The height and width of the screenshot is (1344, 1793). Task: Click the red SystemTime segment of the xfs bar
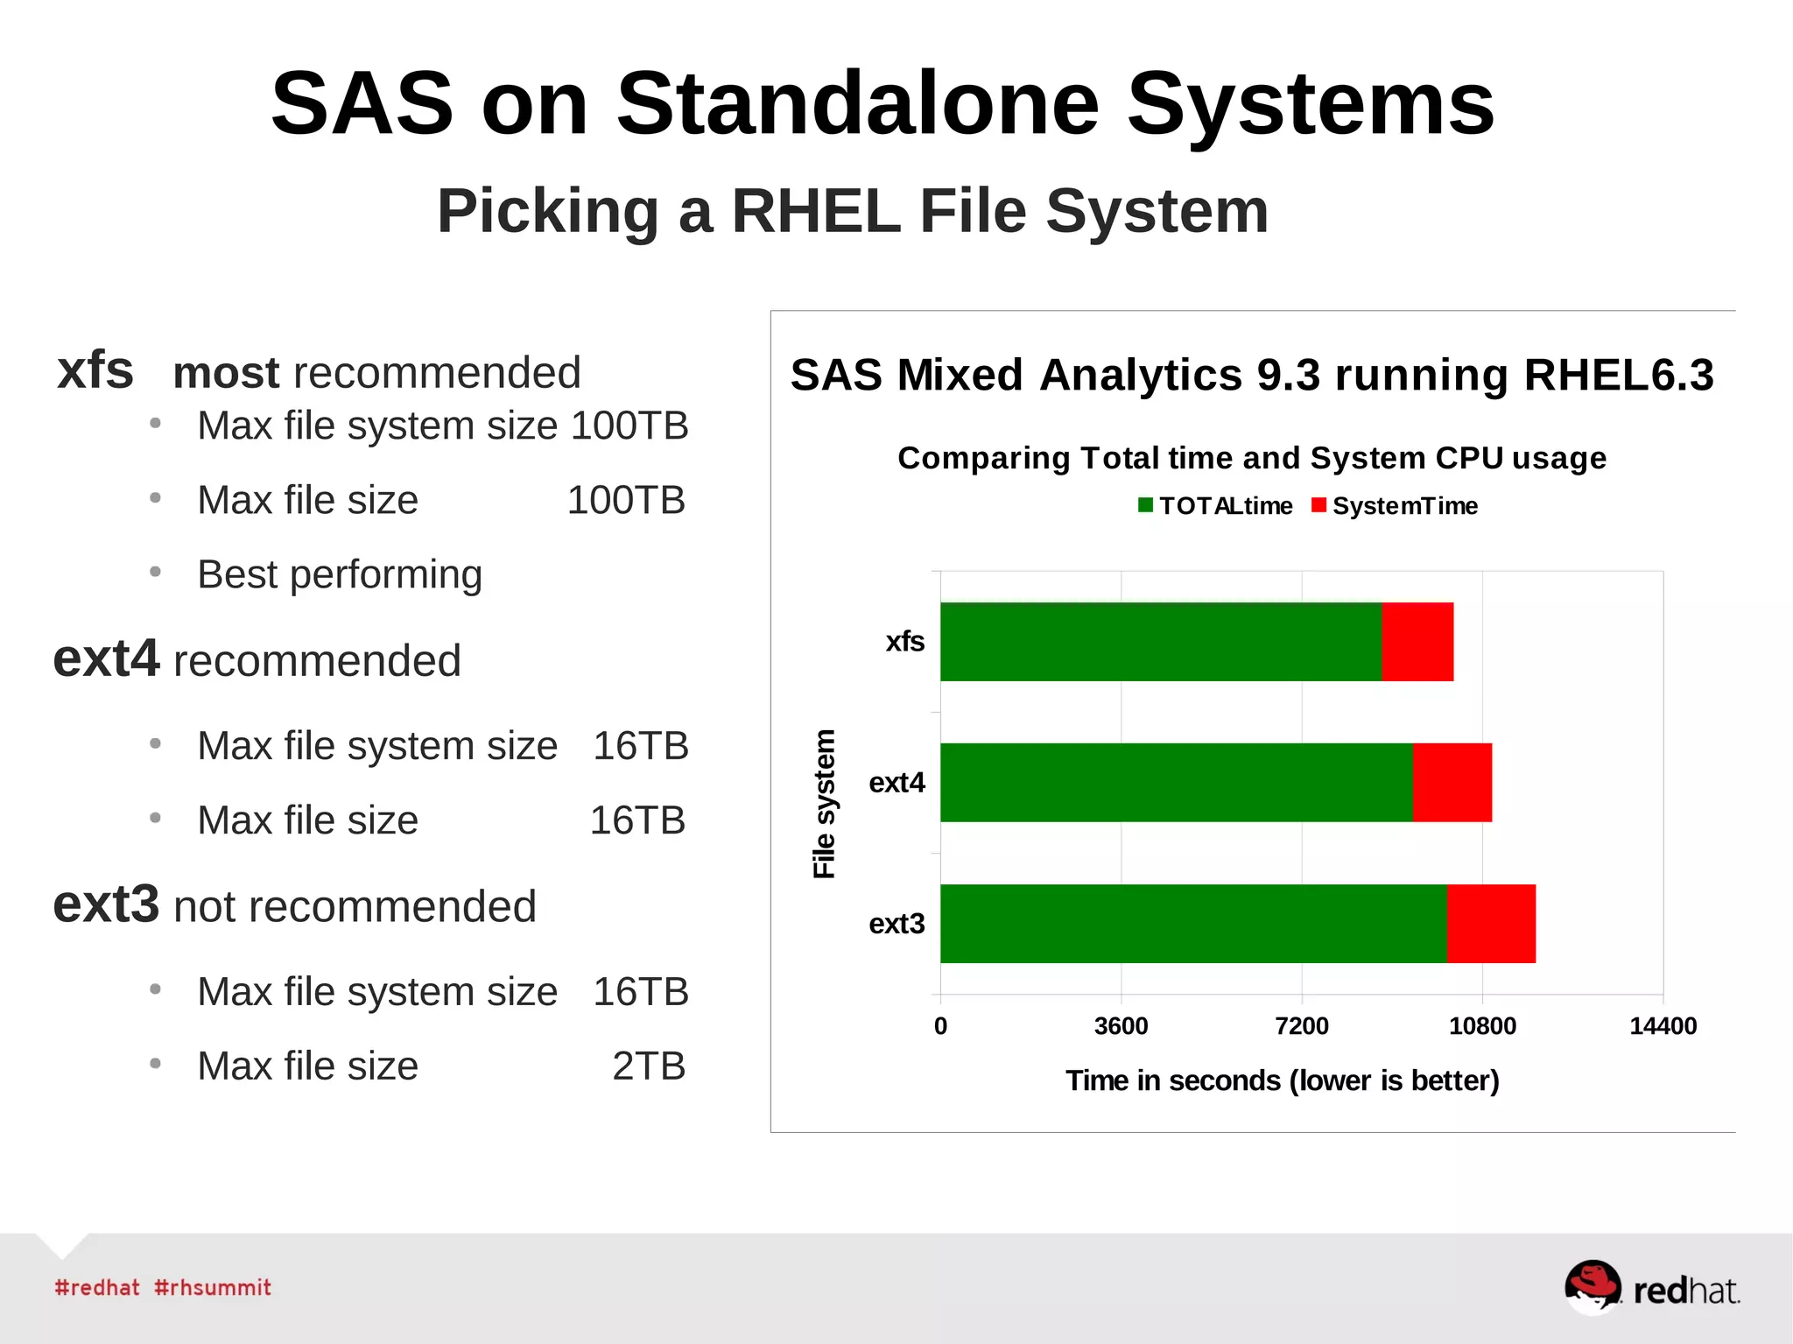pyautogui.click(x=1417, y=642)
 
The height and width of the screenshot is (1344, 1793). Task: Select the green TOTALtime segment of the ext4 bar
pyautogui.click(x=1176, y=783)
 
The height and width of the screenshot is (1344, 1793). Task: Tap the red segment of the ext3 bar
pyautogui.click(x=1490, y=924)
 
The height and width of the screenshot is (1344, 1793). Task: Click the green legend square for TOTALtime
pyautogui.click(x=1145, y=505)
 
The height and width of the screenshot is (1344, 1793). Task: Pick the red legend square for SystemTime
pyautogui.click(x=1318, y=505)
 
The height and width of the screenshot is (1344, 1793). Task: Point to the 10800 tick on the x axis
pyautogui.click(x=1482, y=1026)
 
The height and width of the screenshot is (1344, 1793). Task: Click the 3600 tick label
pyautogui.click(x=1121, y=1026)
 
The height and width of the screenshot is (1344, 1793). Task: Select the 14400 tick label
pyautogui.click(x=1662, y=1026)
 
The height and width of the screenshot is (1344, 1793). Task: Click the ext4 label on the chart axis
pyautogui.click(x=896, y=783)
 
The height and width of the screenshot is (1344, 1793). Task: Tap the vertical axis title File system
pyautogui.click(x=824, y=804)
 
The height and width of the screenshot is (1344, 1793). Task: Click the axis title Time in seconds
pyautogui.click(x=1282, y=1080)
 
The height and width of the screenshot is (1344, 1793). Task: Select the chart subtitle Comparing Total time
pyautogui.click(x=1252, y=458)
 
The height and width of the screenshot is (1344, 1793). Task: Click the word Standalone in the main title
pyautogui.click(x=857, y=104)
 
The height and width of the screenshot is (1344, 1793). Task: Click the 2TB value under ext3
pyautogui.click(x=648, y=1066)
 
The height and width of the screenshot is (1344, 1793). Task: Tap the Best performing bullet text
pyautogui.click(x=340, y=575)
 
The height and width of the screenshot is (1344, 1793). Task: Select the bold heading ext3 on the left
pyautogui.click(x=106, y=904)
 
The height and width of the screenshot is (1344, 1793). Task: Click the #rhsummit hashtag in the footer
pyautogui.click(x=213, y=1288)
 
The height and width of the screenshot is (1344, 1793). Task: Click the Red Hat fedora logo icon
pyautogui.click(x=1593, y=1286)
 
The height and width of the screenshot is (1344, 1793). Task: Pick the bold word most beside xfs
pyautogui.click(x=226, y=373)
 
